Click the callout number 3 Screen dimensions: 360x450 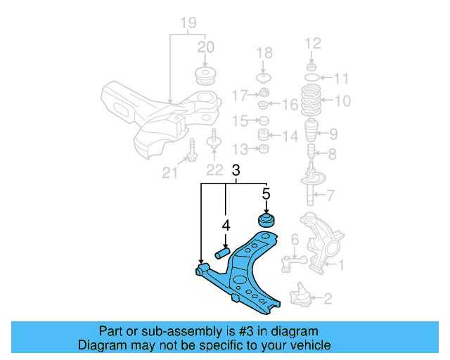[x=236, y=170]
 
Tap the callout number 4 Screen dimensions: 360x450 [x=226, y=226]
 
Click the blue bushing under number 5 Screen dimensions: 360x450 [x=267, y=221]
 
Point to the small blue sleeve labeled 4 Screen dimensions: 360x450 [x=223, y=251]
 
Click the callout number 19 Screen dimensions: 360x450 [x=187, y=24]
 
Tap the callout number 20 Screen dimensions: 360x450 [x=205, y=48]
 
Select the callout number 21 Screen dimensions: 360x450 [x=169, y=171]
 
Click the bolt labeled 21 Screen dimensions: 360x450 [x=191, y=150]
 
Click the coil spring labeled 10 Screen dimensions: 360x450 [x=311, y=101]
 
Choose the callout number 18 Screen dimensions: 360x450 [x=264, y=53]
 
